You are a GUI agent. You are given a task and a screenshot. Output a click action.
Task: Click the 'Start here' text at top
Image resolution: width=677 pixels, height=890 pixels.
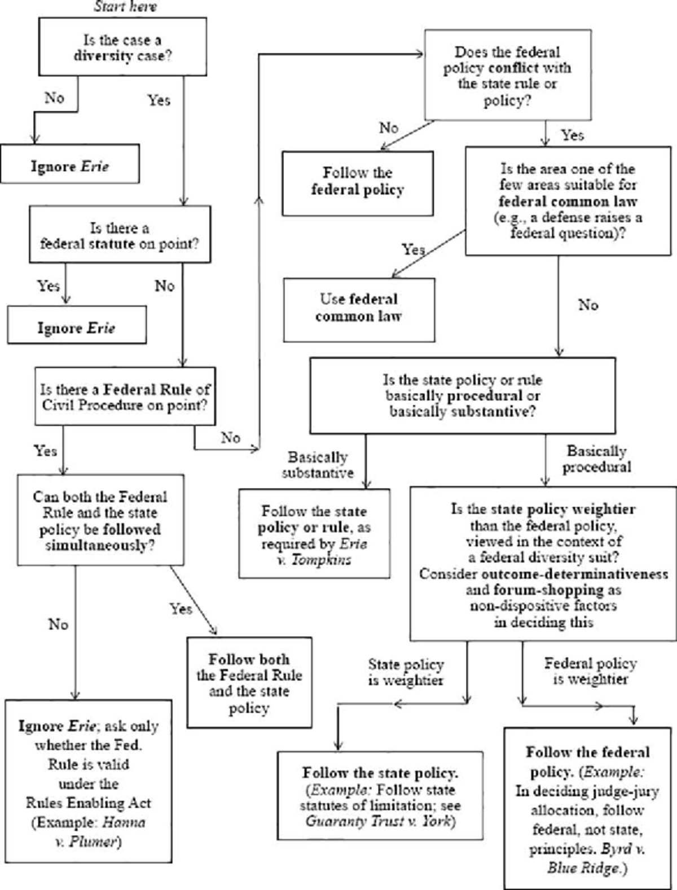125,7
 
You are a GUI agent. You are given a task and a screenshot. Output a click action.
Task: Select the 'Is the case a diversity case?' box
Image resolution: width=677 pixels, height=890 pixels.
122,47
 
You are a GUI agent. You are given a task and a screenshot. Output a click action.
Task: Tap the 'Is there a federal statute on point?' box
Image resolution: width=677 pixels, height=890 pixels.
120,235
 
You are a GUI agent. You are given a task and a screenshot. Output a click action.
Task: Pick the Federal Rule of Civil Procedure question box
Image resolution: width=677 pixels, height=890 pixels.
125,397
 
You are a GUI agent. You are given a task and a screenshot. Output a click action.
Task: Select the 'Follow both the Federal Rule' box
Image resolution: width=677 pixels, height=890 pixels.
249,683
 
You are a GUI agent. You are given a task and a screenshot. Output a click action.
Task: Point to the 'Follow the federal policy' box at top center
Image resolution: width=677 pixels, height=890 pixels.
358,182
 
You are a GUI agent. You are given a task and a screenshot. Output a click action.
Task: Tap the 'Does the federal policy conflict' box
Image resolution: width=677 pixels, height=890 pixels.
507,75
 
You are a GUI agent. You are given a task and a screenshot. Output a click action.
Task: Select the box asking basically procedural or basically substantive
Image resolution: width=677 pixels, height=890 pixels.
462,395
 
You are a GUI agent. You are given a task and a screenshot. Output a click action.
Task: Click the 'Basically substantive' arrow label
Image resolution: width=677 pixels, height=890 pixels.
318,465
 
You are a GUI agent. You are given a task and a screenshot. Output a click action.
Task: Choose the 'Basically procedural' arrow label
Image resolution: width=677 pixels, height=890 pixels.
596,459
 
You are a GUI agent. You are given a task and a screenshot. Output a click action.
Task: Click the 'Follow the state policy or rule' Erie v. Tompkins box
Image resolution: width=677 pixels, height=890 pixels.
314,534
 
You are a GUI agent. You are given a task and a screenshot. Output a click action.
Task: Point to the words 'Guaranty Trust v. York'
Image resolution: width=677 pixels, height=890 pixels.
379,821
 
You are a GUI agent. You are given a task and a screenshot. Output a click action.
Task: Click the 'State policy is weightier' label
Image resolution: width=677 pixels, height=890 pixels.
406,672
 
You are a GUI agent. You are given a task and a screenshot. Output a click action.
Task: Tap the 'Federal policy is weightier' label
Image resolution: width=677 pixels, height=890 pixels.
590,671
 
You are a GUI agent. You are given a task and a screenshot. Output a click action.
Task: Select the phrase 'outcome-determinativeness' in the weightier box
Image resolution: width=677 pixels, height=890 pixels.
575,574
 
